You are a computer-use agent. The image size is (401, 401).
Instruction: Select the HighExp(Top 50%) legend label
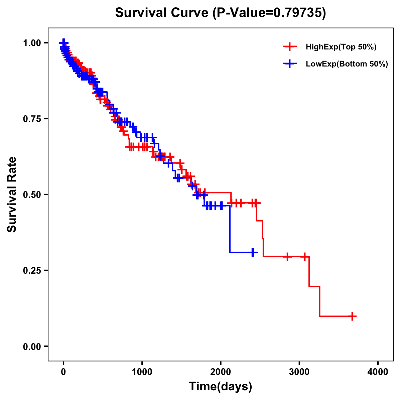[x=341, y=47]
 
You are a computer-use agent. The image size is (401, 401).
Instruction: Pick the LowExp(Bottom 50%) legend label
[x=347, y=64]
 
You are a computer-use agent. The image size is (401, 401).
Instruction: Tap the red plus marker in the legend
[x=290, y=47]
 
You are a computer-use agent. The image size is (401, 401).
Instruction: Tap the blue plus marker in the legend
[x=290, y=64]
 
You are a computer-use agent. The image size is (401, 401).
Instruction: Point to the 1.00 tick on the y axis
[x=32, y=43]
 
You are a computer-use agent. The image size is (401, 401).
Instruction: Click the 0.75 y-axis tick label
[x=32, y=119]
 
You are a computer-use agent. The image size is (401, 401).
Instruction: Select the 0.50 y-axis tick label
[x=32, y=194]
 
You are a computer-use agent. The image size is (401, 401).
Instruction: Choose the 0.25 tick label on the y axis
[x=32, y=270]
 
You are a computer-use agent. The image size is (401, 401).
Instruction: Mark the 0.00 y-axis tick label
[x=32, y=346]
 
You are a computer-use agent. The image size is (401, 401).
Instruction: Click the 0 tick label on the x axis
[x=63, y=372]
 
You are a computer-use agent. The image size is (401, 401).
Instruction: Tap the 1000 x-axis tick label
[x=142, y=372]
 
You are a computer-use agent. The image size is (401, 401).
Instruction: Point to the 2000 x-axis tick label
[x=221, y=372]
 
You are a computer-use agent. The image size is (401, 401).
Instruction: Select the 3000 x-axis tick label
[x=299, y=372]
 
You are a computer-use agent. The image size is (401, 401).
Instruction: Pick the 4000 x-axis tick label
[x=378, y=372]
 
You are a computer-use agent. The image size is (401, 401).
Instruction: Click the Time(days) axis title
[x=221, y=387]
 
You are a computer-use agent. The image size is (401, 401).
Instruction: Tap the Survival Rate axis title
[x=12, y=194]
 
